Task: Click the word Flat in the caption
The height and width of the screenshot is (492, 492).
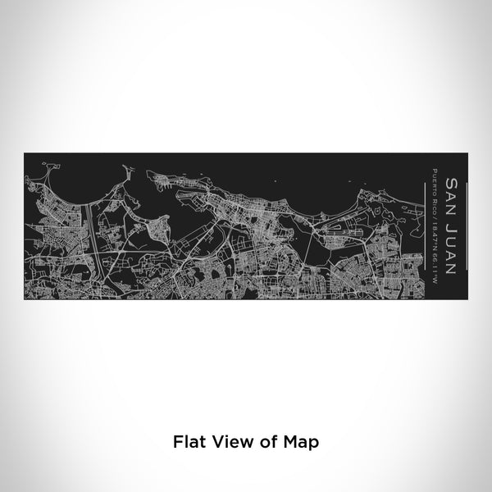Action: click(189, 441)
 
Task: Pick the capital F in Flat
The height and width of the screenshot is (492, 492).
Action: click(177, 441)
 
